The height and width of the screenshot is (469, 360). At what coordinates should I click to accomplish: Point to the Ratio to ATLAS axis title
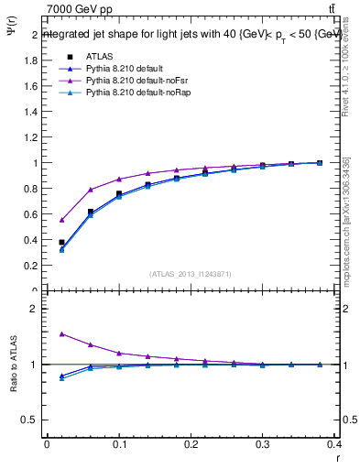pyautogui.click(x=12, y=392)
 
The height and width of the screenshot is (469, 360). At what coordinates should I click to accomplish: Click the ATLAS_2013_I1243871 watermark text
pyautogui.click(x=191, y=273)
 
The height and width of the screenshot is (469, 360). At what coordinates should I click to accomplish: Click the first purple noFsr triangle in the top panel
pyautogui.click(x=61, y=220)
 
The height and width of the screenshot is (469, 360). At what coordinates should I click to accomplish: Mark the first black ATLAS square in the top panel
pyautogui.click(x=61, y=242)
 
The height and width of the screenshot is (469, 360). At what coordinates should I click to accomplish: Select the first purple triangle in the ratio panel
pyautogui.click(x=61, y=333)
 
